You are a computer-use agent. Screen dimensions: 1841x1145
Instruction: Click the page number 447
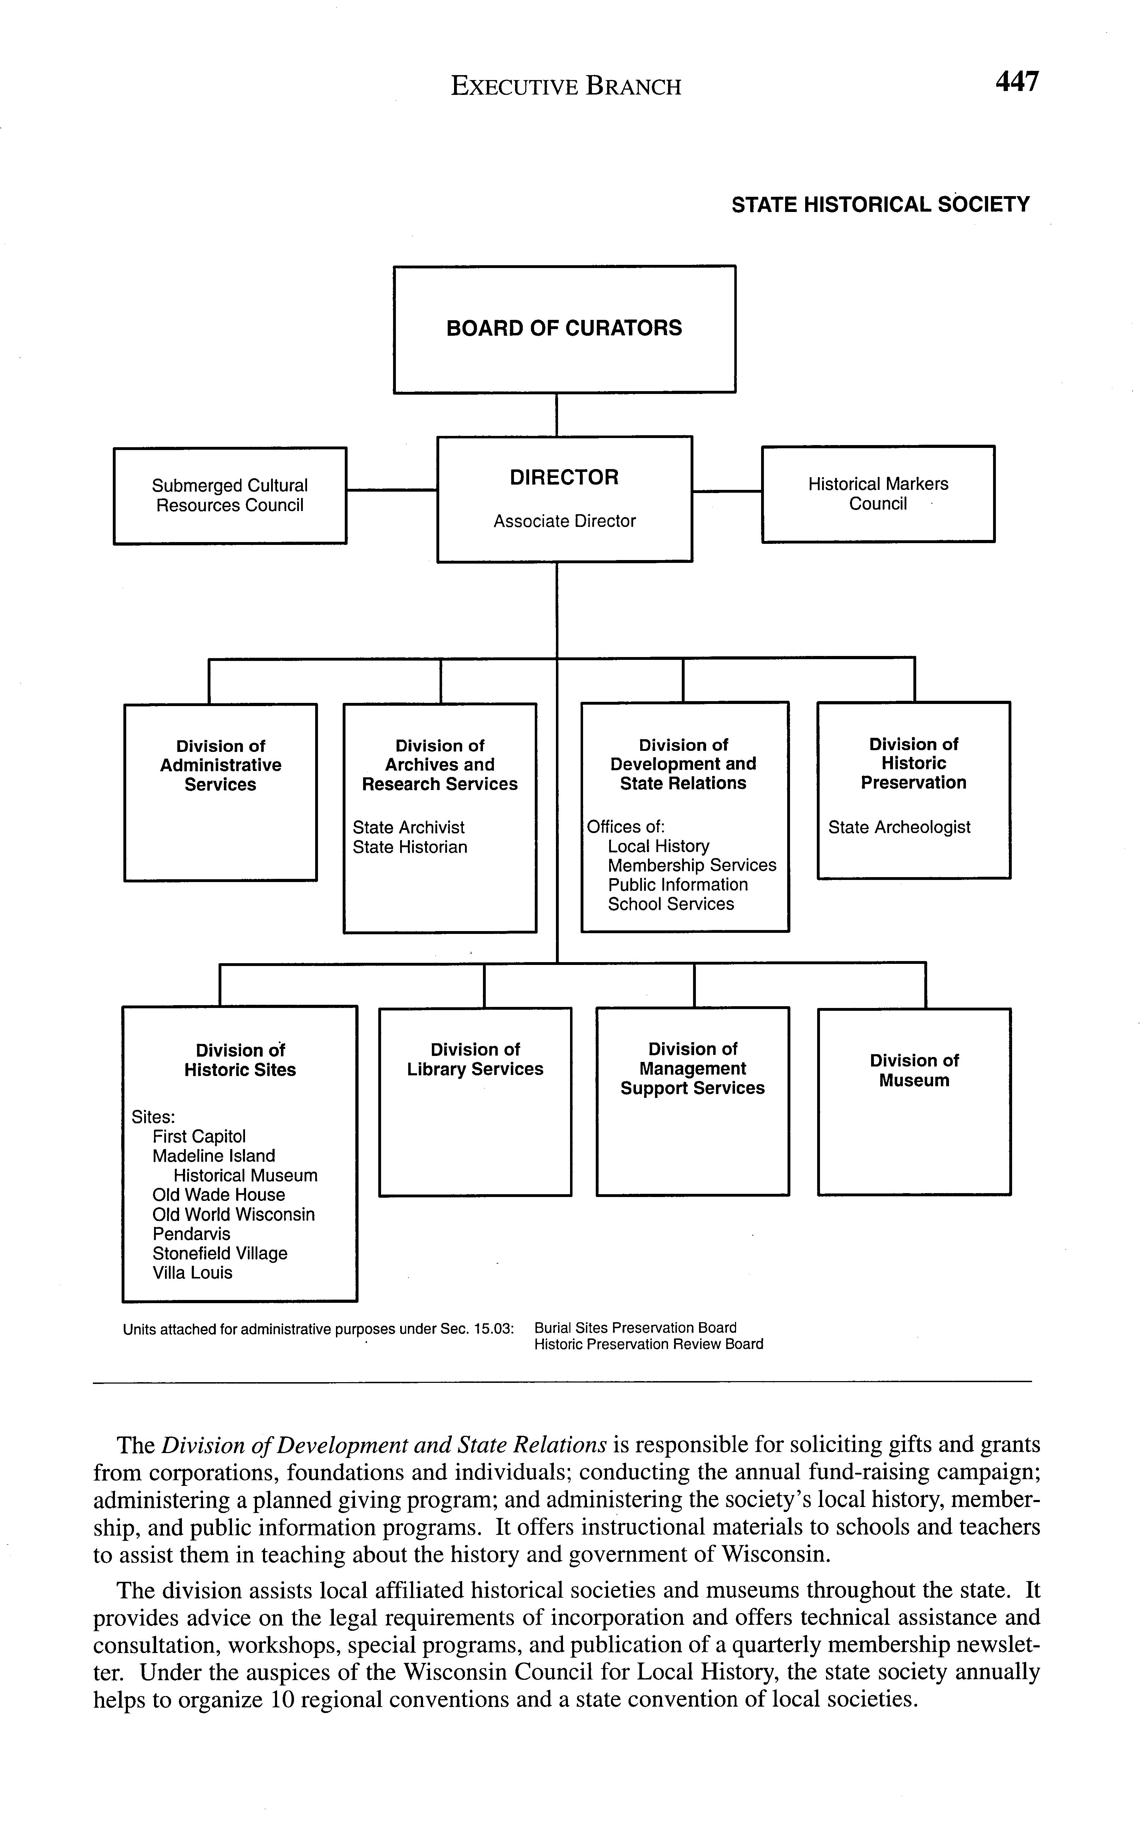[1017, 82]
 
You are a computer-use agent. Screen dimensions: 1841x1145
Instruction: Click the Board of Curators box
[564, 329]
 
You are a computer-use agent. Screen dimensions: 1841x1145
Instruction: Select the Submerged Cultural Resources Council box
[229, 496]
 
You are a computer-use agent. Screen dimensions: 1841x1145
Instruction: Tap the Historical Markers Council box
[878, 494]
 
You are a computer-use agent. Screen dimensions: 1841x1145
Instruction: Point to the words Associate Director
[564, 521]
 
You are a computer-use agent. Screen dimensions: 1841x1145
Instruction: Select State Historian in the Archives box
[410, 847]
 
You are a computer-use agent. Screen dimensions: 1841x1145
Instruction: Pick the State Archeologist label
[899, 827]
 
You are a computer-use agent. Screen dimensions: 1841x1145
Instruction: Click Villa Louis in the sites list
[192, 1273]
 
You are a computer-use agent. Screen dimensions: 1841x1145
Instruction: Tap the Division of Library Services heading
[475, 1059]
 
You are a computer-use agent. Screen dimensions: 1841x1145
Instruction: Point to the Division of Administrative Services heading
[220, 765]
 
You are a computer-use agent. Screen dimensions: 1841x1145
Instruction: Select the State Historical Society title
[880, 205]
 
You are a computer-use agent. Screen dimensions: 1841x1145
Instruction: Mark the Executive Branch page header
[566, 86]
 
